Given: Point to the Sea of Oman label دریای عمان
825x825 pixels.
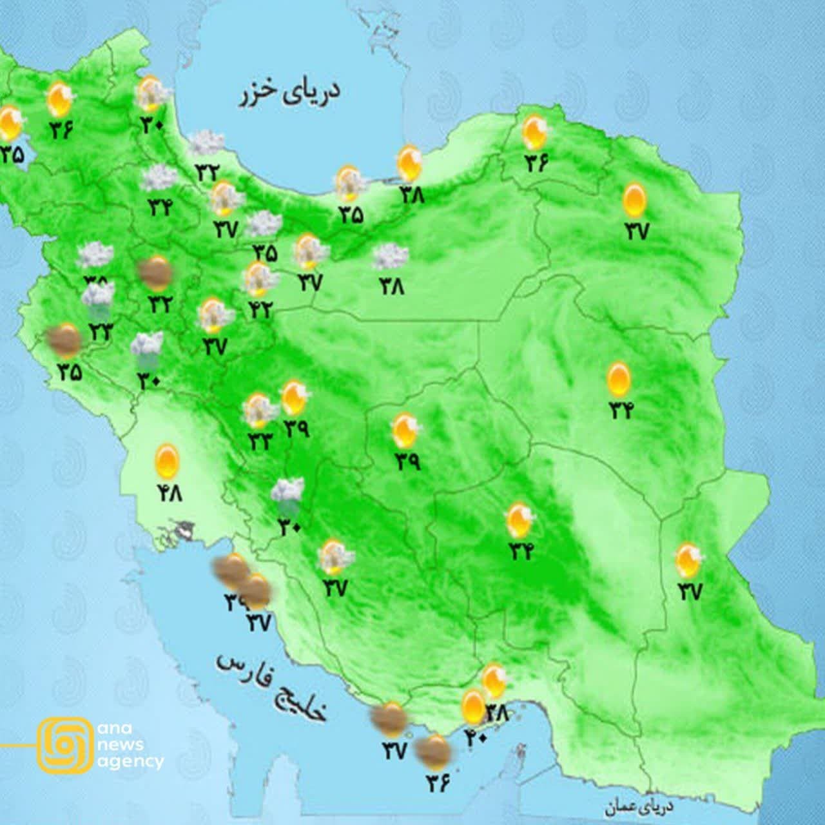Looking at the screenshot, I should tap(638, 806).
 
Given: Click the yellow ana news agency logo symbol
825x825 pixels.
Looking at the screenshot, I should tap(64, 744).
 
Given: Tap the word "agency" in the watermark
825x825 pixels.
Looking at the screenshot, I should tap(130, 761).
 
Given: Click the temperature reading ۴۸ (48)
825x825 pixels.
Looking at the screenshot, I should tap(170, 493).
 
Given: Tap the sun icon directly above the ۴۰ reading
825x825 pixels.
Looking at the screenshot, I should tap(474, 706).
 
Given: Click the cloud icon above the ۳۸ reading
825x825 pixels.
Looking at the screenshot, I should tap(390, 257).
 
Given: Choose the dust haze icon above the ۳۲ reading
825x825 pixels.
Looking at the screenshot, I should tap(155, 273).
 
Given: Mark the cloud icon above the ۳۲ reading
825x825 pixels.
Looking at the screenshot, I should tap(206, 142).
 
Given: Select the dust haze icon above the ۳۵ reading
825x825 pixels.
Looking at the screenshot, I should tap(65, 341).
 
